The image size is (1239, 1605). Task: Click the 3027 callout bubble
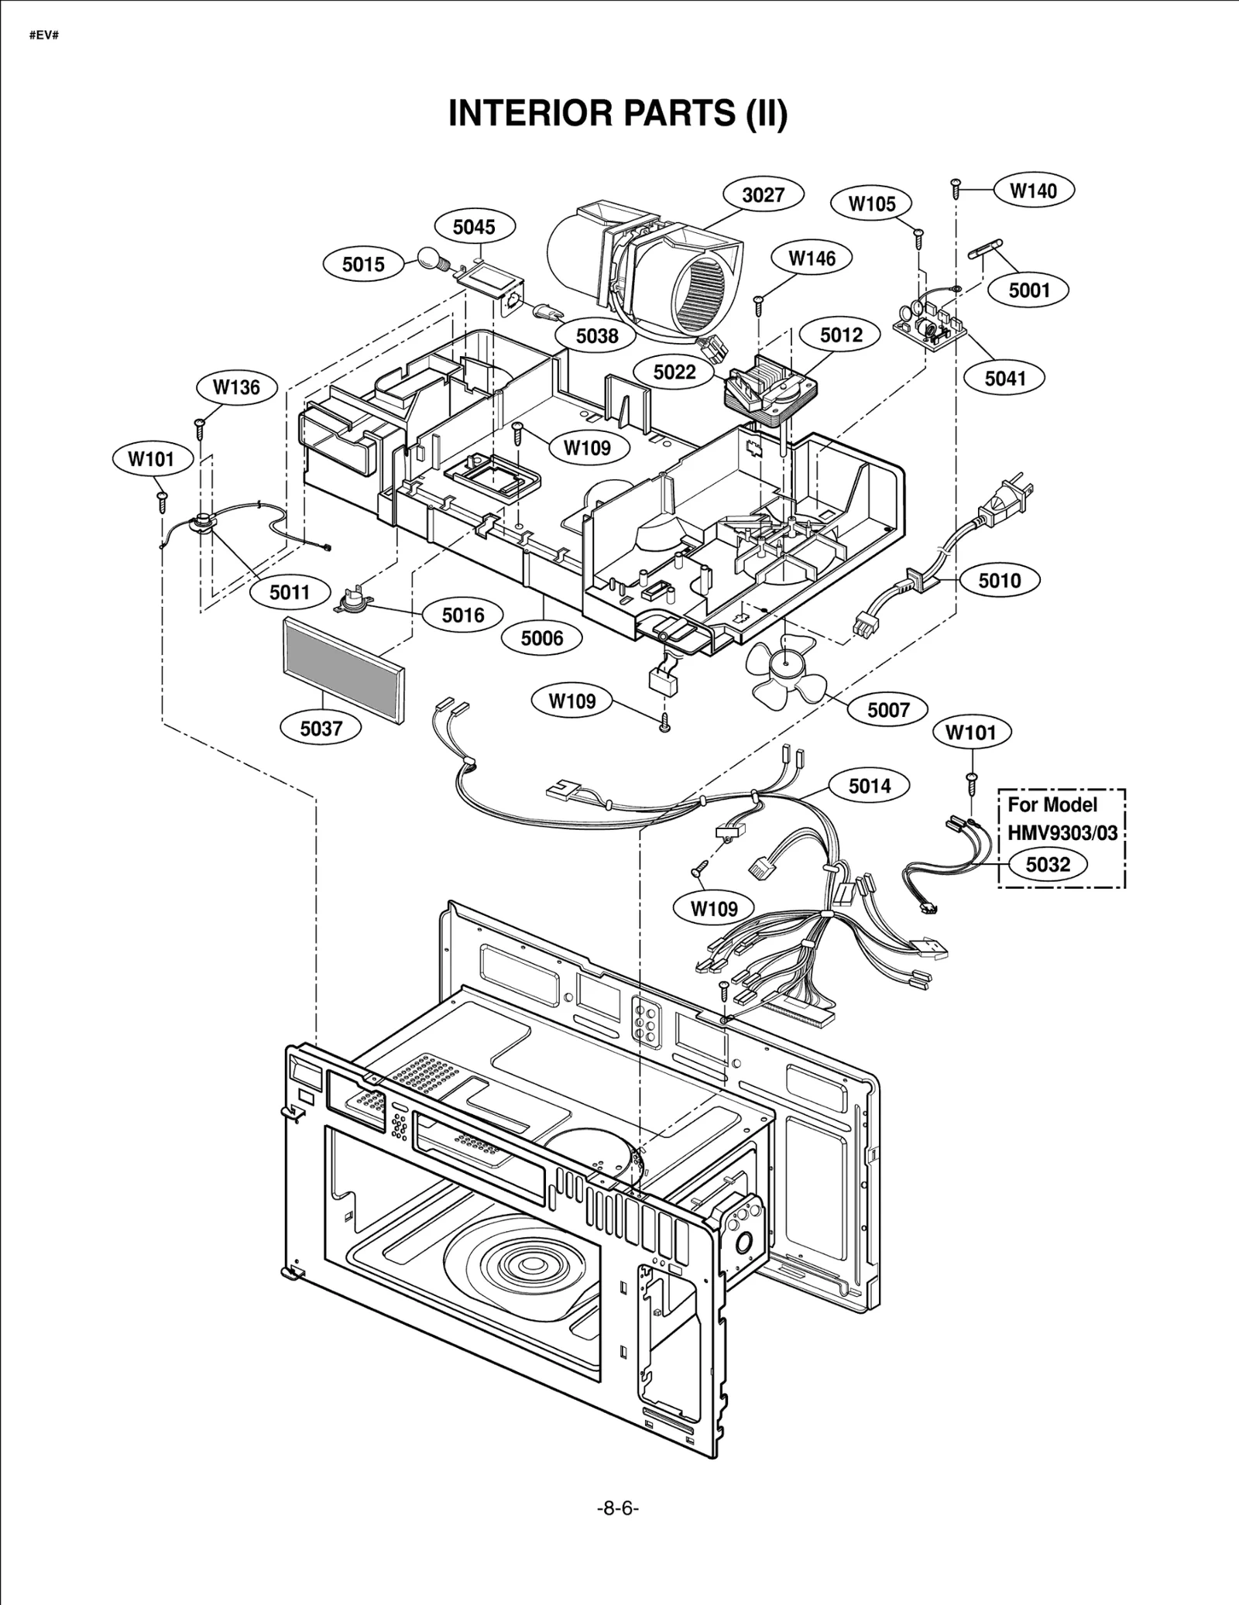click(763, 195)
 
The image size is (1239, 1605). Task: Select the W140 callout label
click(1034, 190)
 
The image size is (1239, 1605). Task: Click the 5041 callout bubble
click(1005, 378)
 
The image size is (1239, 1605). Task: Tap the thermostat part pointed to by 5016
click(353, 600)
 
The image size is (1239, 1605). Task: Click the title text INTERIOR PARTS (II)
click(618, 114)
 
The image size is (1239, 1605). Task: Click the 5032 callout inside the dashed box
click(1047, 864)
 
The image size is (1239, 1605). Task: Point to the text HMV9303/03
click(1062, 833)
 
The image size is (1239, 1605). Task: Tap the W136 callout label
click(236, 387)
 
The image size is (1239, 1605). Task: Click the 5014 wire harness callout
click(870, 786)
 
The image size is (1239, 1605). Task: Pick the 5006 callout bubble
click(541, 638)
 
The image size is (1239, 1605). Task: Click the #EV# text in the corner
click(44, 36)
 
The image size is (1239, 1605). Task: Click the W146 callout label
click(812, 259)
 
